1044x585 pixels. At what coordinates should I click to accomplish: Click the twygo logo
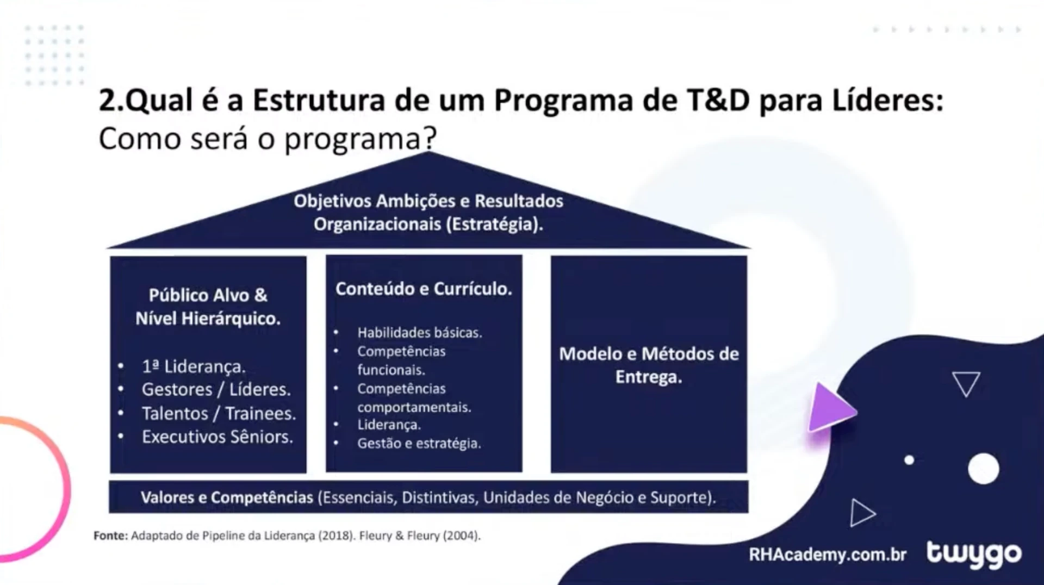(974, 554)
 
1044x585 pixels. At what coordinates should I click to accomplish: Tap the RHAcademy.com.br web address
(827, 555)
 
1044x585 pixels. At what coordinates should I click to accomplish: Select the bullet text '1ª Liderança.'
(194, 366)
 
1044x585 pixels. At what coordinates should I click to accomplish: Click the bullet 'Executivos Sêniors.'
(217, 437)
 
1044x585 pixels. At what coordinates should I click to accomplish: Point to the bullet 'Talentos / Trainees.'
(219, 413)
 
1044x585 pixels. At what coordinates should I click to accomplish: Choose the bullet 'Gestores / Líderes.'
(216, 389)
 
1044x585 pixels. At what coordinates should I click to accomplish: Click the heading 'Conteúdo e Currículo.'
(424, 289)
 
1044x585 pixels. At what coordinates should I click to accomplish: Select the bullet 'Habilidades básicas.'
(419, 333)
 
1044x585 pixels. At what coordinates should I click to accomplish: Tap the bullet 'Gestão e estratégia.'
(419, 443)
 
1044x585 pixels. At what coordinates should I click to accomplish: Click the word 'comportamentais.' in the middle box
(414, 407)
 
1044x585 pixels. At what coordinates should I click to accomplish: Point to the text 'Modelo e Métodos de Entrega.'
(649, 365)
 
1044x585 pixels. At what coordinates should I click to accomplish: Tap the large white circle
(983, 468)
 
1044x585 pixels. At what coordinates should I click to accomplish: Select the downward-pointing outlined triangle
(966, 383)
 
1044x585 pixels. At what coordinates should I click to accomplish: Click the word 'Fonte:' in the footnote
(110, 536)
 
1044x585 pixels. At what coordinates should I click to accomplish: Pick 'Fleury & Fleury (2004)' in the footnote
(419, 536)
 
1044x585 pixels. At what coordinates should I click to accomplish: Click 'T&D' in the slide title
(718, 101)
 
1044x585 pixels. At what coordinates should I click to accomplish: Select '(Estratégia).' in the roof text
(494, 224)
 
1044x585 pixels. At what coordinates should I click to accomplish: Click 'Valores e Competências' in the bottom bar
(227, 497)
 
